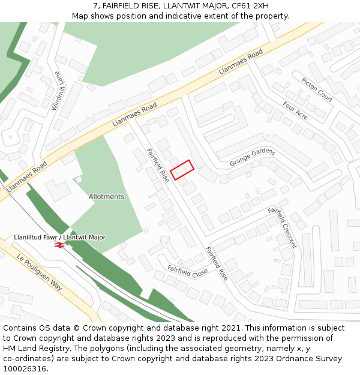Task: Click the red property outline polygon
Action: coord(182,170)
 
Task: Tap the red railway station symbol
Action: coord(59,245)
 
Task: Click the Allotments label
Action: coord(106,197)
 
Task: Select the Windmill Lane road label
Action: coord(61,95)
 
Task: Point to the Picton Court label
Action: coord(317,89)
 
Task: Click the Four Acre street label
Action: coord(295,110)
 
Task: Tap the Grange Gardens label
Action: coord(252,157)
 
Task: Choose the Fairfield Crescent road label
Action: coord(282,227)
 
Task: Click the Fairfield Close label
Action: coord(187,272)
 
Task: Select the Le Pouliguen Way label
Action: coord(40,272)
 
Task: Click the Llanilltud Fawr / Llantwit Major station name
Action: coord(59,238)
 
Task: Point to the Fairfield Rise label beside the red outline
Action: coord(158,165)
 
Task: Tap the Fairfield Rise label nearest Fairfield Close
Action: coord(216,263)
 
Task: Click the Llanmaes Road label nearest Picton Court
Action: coord(241,62)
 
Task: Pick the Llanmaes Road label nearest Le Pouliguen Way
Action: coord(27,176)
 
